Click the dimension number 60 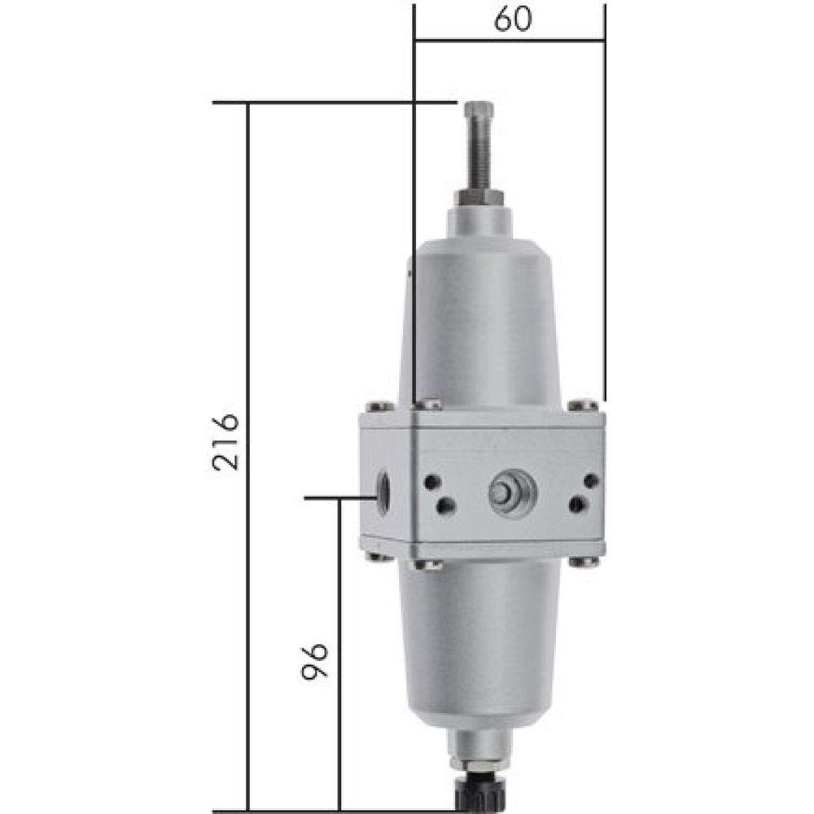(512, 19)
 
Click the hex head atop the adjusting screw (479, 110)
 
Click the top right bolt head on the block (583, 405)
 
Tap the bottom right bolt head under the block (583, 561)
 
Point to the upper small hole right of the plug (592, 481)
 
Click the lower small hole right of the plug (575, 505)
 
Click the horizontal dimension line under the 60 (510, 38)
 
